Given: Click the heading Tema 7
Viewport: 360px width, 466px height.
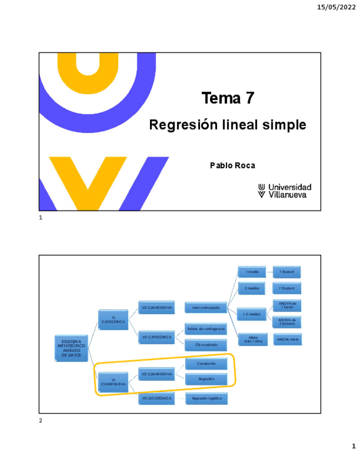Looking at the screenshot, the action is (x=228, y=98).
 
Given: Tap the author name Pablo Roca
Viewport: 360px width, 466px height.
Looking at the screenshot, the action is (x=232, y=165).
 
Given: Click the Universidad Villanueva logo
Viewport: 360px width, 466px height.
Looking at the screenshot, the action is (x=285, y=191).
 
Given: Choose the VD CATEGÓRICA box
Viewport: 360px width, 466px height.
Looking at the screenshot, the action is (x=156, y=336).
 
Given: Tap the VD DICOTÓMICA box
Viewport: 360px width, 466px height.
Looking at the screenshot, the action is (x=156, y=397).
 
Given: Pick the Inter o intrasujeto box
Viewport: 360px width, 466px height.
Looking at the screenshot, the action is (x=202, y=308).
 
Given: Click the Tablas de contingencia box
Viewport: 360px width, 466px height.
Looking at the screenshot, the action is (x=206, y=329).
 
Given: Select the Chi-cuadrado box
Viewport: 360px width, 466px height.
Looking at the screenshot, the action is (x=206, y=345).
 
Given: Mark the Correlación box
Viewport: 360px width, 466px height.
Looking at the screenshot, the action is (x=206, y=364).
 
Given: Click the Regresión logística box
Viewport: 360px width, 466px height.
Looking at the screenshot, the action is (x=206, y=397).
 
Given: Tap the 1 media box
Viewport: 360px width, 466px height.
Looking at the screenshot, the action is (x=252, y=271).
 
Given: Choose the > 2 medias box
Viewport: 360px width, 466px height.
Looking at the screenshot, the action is (x=252, y=313).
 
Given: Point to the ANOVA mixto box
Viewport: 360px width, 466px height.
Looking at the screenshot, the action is (x=287, y=340).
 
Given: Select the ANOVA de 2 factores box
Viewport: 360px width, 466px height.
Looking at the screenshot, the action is (x=287, y=322).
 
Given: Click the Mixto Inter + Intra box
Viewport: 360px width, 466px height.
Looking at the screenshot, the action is (x=252, y=340).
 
